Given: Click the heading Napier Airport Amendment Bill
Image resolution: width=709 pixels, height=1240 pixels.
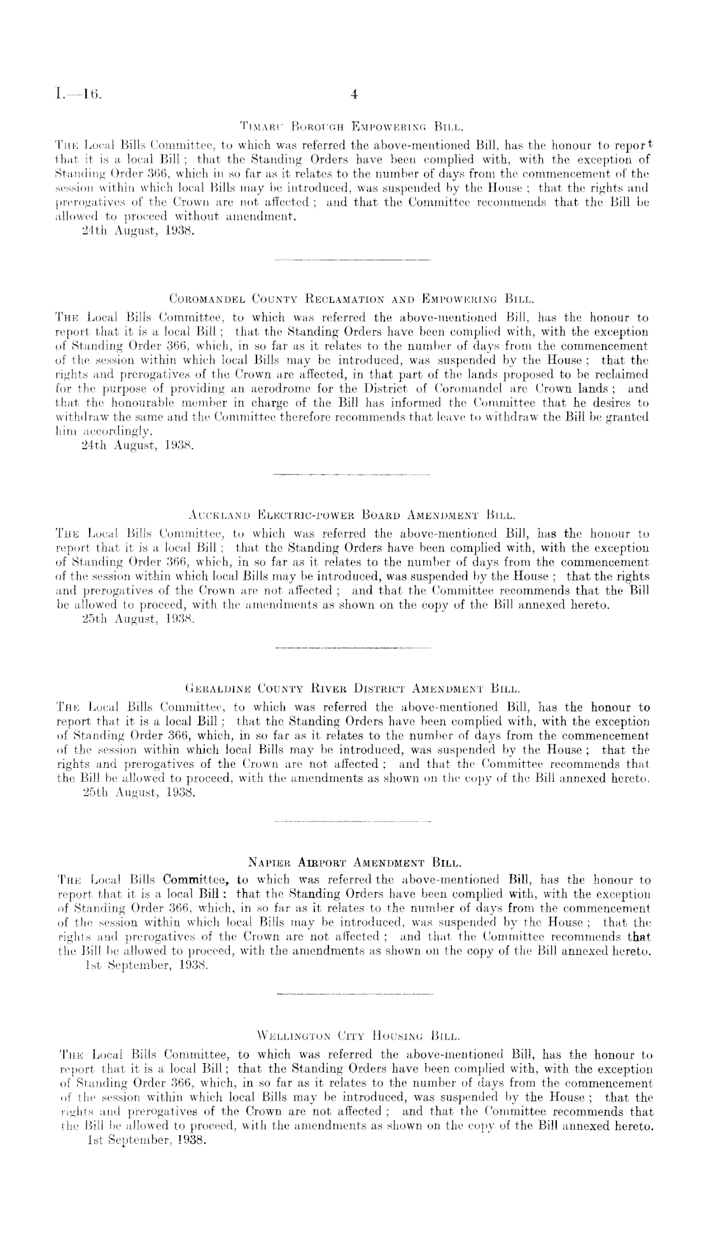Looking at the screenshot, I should tap(353, 863).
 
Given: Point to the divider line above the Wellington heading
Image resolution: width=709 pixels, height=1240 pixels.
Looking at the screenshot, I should tap(356, 993).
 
